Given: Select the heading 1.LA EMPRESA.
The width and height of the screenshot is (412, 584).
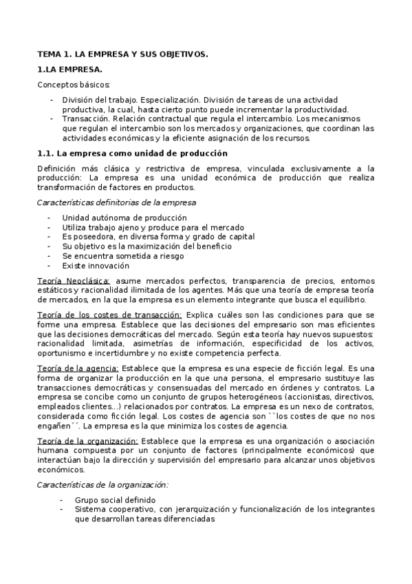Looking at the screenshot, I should coord(69,70).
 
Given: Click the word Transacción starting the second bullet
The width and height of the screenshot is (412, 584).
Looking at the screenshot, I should coord(83,118).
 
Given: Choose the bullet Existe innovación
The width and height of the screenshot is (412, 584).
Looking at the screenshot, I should coord(95,266).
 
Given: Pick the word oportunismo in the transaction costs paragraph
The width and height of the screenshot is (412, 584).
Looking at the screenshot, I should coord(61,353).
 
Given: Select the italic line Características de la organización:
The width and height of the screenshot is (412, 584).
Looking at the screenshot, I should coord(102,485).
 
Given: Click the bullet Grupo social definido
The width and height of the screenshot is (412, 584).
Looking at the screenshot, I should coord(116,500).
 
